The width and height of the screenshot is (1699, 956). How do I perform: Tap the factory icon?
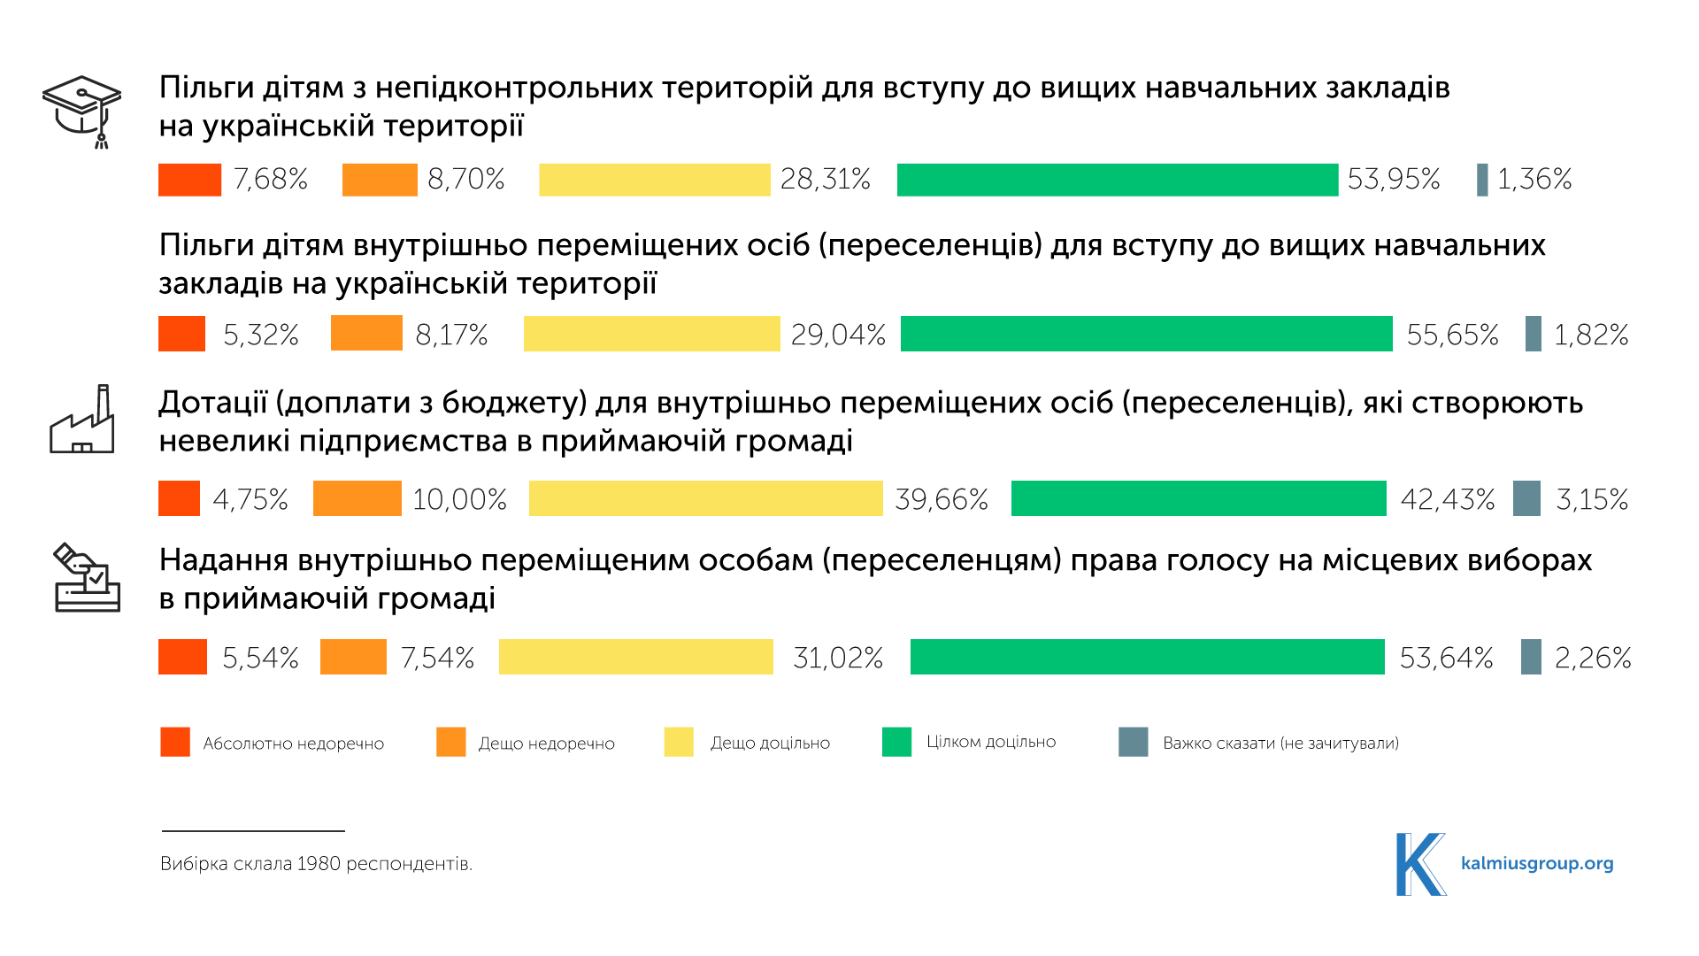coord(82,420)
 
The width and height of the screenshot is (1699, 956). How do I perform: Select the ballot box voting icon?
coord(87,578)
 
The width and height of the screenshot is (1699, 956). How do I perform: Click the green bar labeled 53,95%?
coord(1117,180)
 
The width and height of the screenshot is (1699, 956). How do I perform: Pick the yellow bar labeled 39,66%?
coord(705,498)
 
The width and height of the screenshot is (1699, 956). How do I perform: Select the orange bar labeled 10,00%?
coord(357,498)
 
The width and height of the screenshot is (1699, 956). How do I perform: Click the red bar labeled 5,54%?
coord(182,657)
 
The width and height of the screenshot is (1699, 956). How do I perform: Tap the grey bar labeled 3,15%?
coord(1526,498)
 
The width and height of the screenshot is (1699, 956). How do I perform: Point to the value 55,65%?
coord(1452,335)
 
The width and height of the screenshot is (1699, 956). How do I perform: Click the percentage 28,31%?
coord(825,180)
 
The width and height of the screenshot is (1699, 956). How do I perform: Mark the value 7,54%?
coord(437,658)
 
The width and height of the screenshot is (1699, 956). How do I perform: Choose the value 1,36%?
coord(1534,180)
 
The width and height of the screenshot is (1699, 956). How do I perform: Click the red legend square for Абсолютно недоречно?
coord(175,742)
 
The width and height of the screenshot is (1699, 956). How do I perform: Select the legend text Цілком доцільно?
coord(991,742)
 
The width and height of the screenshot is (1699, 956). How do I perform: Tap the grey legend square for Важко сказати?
coord(1133,742)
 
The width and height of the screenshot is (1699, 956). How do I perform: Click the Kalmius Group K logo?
coord(1419,864)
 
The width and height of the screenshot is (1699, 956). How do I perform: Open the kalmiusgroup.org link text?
coord(1537,863)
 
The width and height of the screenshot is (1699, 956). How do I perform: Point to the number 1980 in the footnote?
coord(318,864)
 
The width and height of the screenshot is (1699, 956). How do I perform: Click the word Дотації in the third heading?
coord(212,403)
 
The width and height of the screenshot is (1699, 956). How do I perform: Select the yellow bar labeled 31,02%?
coord(635,657)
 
